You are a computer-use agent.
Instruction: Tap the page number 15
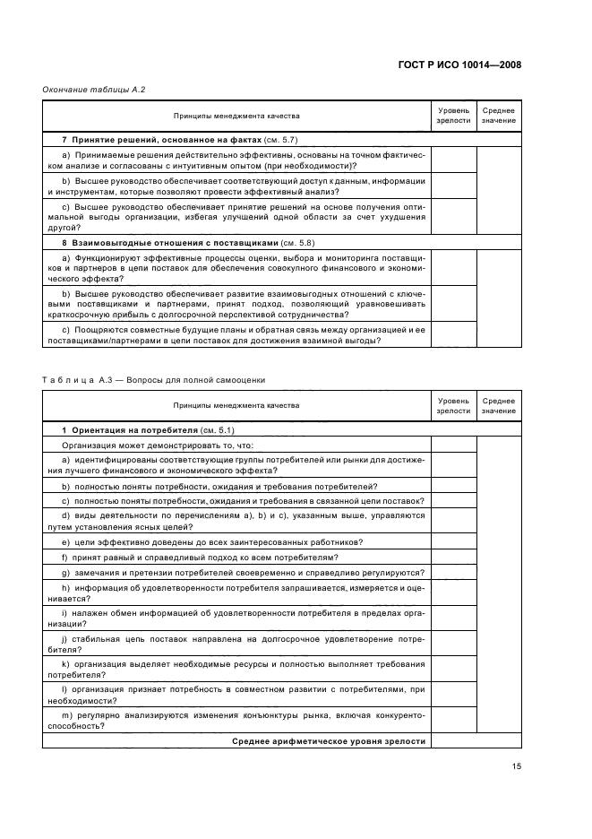tap(516, 766)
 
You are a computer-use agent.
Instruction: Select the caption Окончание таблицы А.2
tap(94, 90)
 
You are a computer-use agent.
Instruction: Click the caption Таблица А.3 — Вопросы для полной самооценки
tap(153, 379)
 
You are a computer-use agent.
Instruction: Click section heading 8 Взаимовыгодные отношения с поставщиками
tap(170, 243)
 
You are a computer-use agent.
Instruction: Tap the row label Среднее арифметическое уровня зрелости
tap(329, 740)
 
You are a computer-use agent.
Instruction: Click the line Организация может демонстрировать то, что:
tap(158, 445)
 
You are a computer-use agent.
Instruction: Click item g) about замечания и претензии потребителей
tap(242, 572)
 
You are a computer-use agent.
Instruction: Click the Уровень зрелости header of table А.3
tap(453, 405)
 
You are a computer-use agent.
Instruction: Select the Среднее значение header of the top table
tap(498, 116)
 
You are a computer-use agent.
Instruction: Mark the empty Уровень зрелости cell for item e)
tap(453, 541)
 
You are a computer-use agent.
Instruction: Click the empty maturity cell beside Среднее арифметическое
tap(453, 740)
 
